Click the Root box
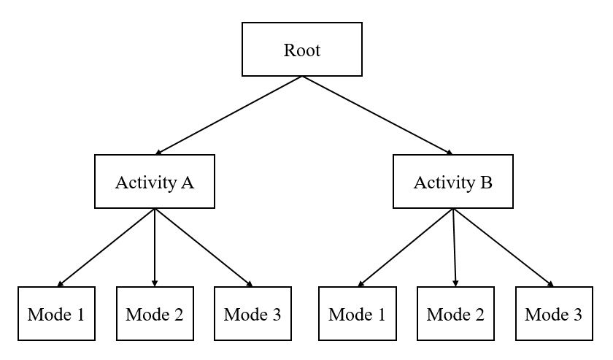click(302, 50)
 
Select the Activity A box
click(155, 182)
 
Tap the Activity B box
click(453, 182)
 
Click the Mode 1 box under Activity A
click(56, 315)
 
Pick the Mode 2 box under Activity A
click(155, 315)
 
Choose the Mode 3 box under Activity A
click(252, 315)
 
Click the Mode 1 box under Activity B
click(357, 315)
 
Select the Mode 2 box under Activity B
click(455, 315)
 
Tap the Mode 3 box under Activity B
click(554, 315)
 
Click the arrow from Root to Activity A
click(229, 115)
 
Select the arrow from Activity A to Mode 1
click(106, 248)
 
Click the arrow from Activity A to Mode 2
click(155, 248)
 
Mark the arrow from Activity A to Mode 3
click(204, 248)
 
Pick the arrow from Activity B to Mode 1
click(405, 248)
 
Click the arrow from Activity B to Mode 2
click(455, 248)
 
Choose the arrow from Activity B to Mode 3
click(504, 248)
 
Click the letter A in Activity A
click(187, 182)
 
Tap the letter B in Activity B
click(486, 182)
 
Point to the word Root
click(302, 50)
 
